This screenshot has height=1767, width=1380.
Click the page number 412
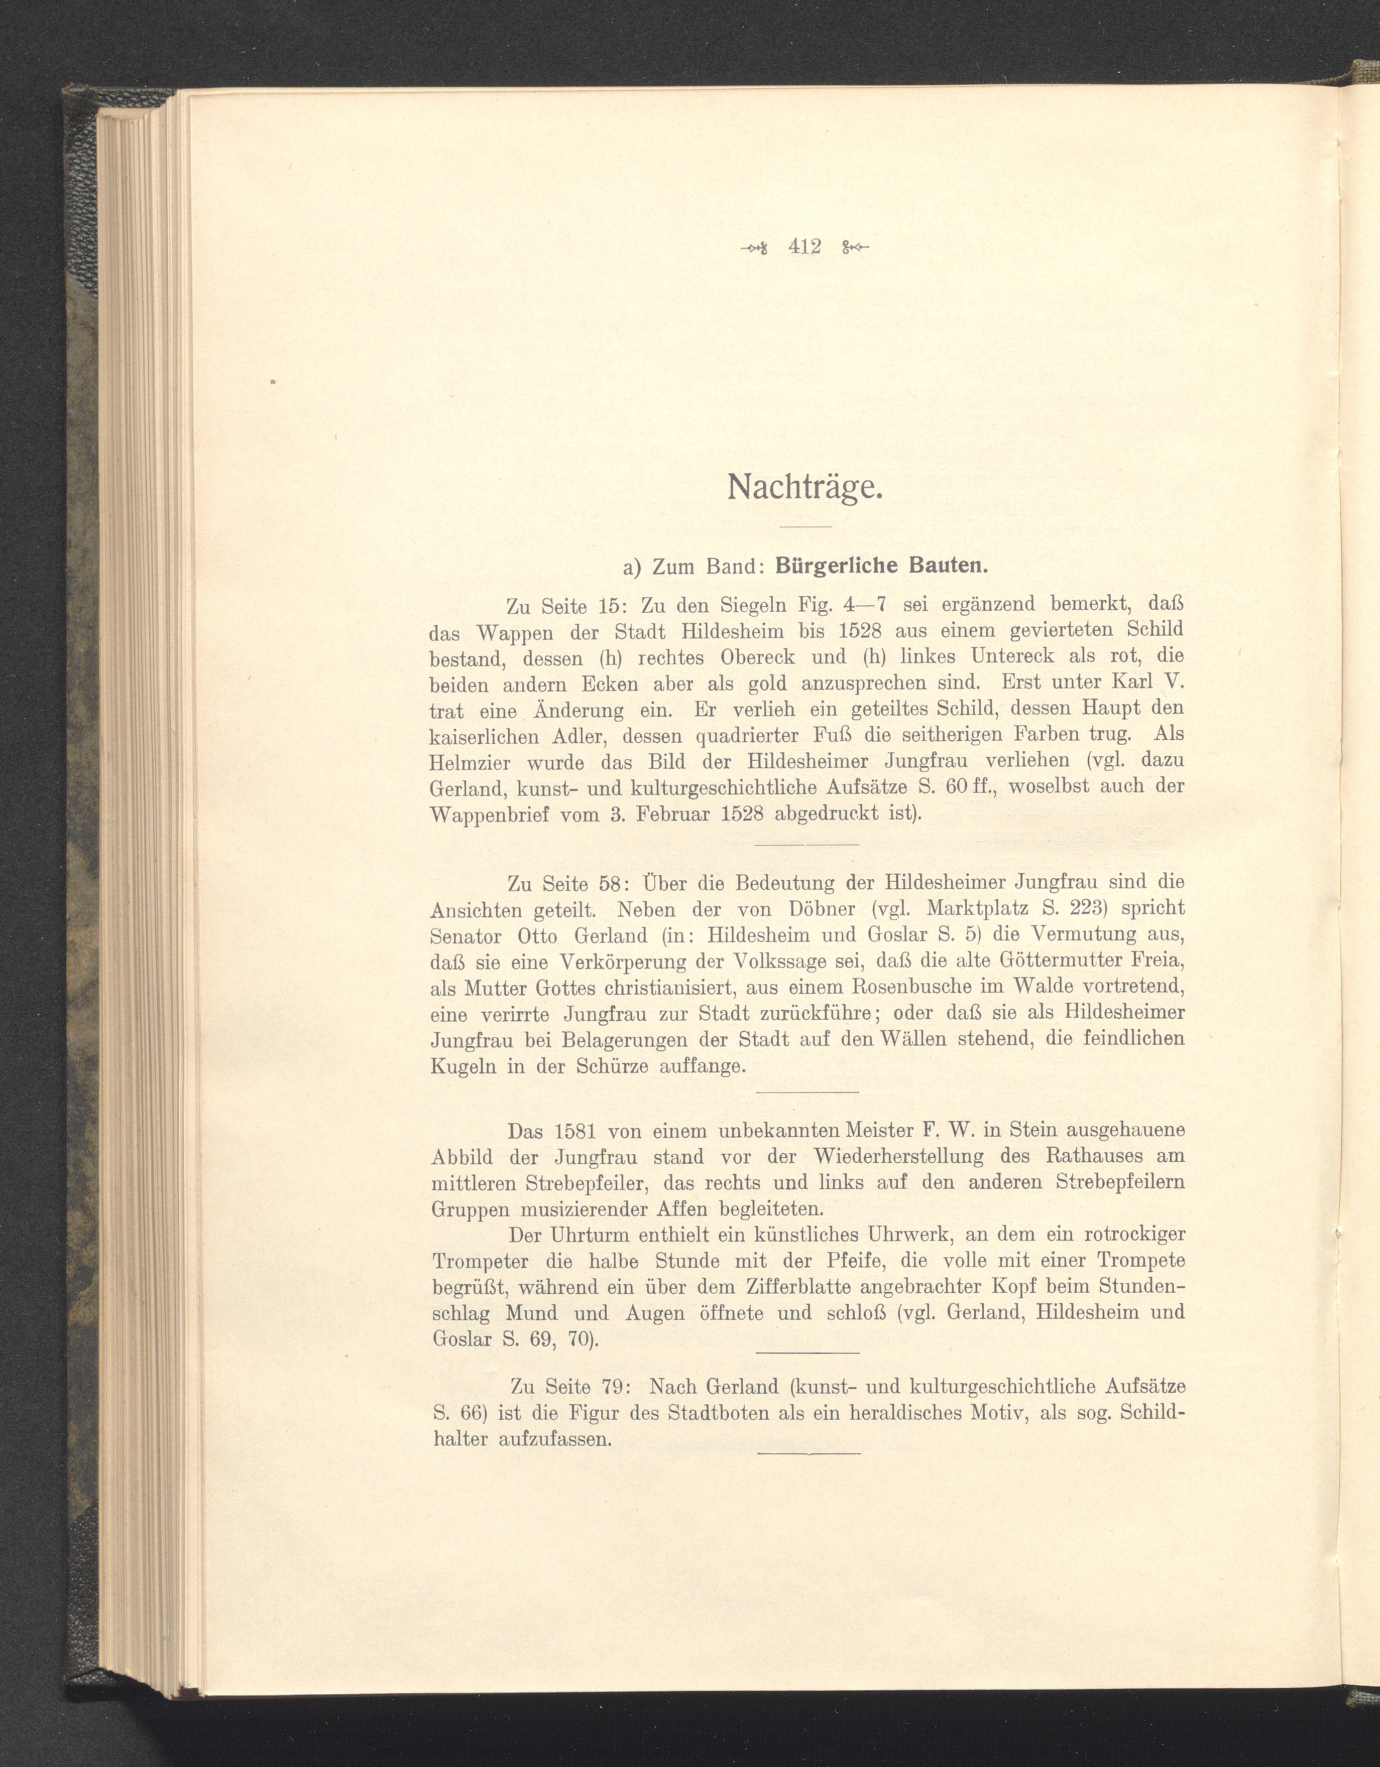[x=804, y=247]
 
